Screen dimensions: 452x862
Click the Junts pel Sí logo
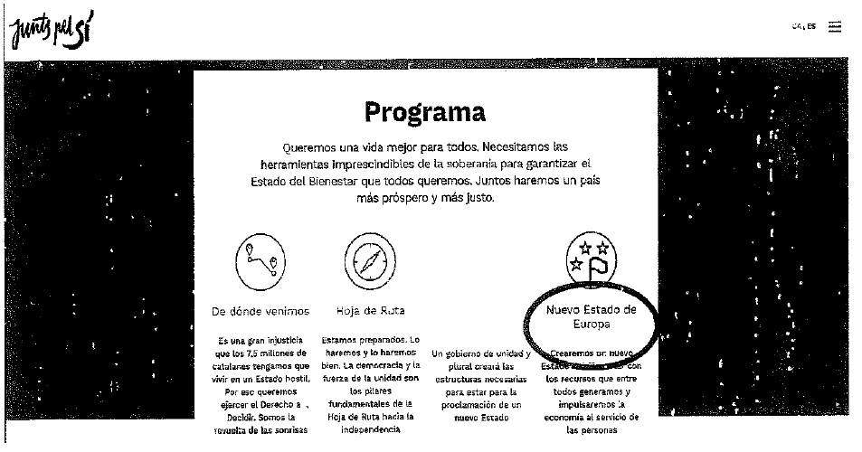(x=52, y=33)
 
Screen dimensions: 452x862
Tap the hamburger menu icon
(x=835, y=26)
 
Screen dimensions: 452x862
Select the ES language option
(x=811, y=26)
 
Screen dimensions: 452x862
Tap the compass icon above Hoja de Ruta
(x=366, y=263)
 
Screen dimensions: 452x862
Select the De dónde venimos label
(x=260, y=311)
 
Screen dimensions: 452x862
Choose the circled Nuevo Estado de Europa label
(x=592, y=316)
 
